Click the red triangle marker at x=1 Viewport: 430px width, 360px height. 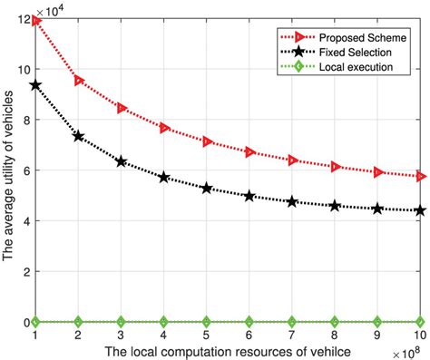click(x=34, y=20)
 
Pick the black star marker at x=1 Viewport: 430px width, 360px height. click(x=34, y=84)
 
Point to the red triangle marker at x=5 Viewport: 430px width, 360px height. click(x=207, y=141)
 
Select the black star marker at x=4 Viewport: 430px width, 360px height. click(x=164, y=178)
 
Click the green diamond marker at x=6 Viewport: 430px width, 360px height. click(x=249, y=321)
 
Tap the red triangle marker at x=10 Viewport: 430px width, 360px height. click(x=421, y=176)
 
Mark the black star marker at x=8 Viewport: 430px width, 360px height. click(x=336, y=206)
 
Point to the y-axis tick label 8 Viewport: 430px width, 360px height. click(x=24, y=121)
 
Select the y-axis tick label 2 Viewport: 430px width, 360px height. click(x=24, y=271)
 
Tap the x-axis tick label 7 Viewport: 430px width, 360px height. click(x=292, y=336)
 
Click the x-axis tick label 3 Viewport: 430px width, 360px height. click(x=121, y=336)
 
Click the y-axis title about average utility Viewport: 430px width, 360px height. click(x=8, y=170)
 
